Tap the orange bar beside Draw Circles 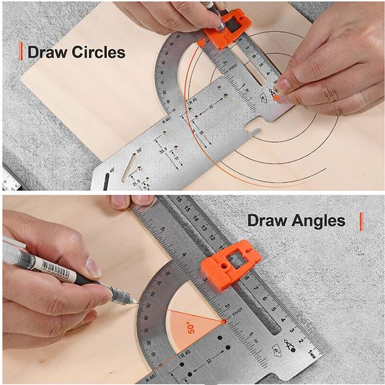22,51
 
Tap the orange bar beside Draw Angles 361,221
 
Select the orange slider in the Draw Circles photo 225,30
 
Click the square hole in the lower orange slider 236,259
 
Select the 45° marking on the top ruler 112,170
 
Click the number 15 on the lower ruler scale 189,208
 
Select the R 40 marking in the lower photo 185,353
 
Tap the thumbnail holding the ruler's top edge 120,201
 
